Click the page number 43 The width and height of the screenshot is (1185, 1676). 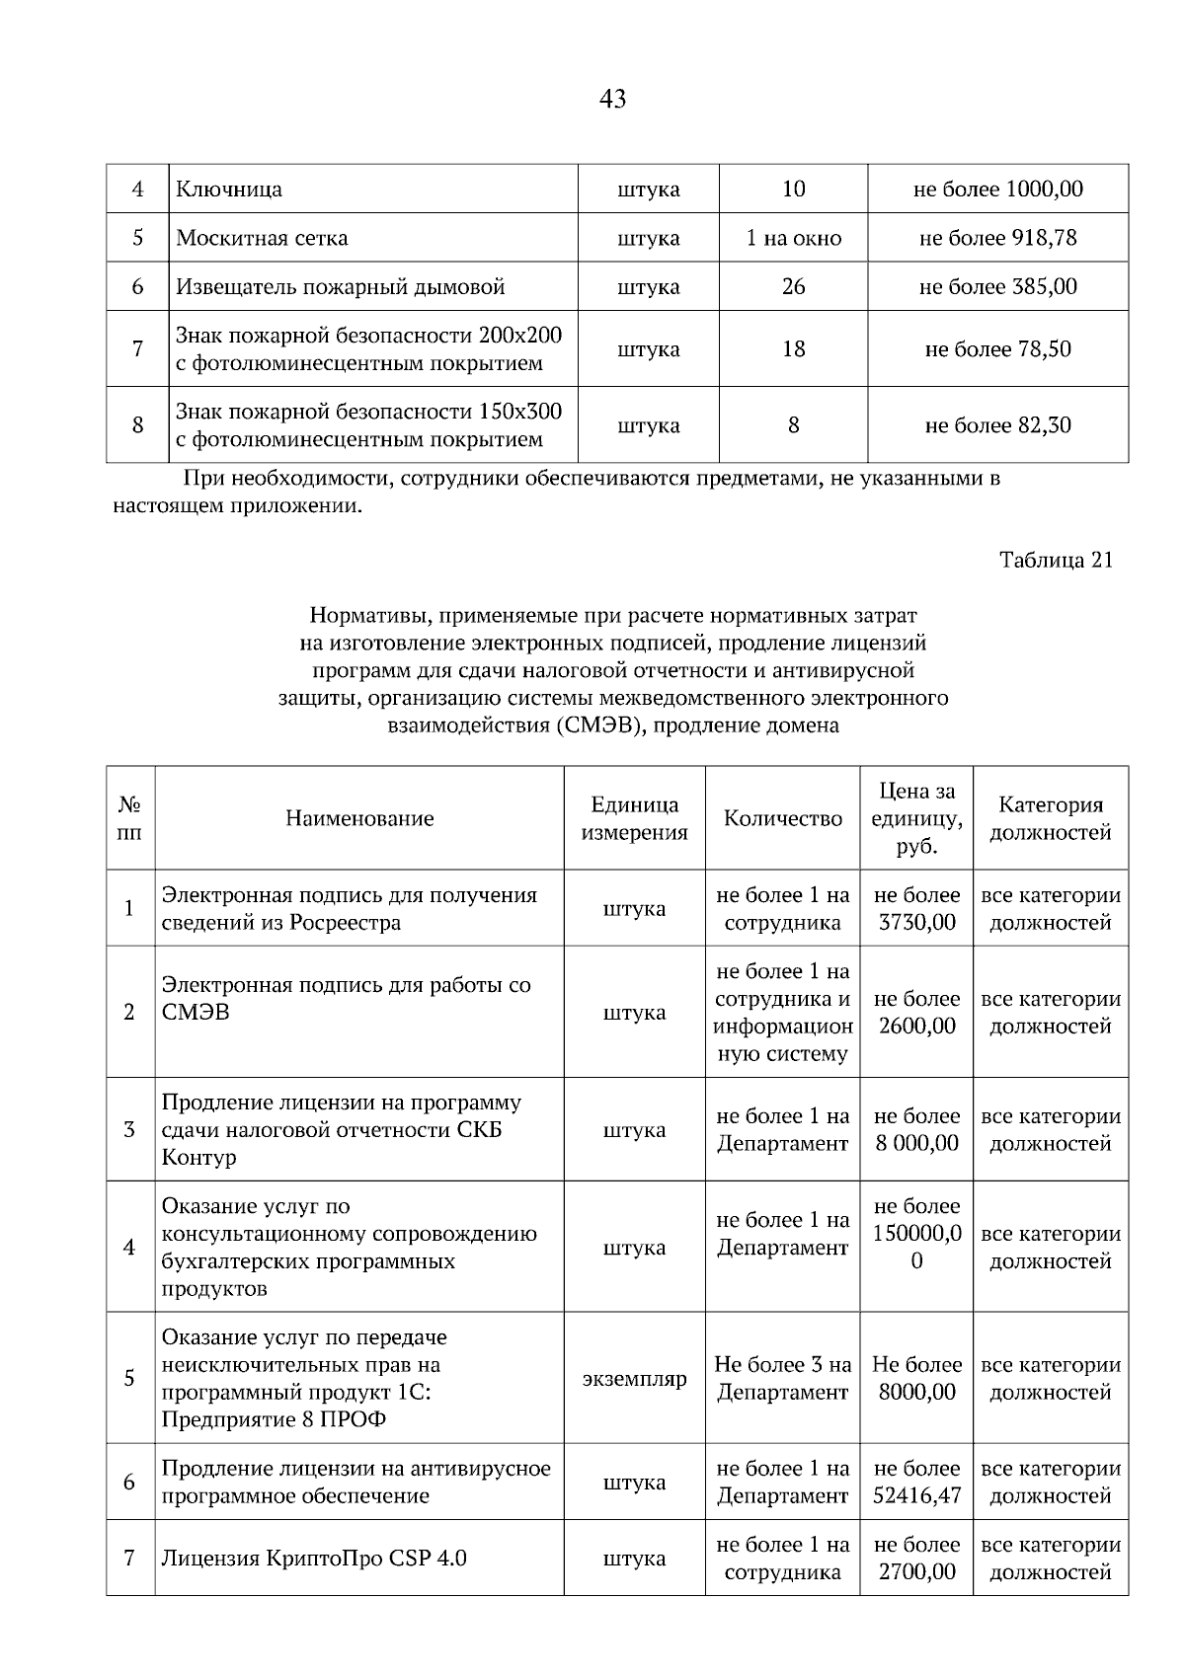tap(612, 99)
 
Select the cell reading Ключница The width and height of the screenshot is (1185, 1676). tap(229, 189)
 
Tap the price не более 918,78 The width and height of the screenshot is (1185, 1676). tap(997, 238)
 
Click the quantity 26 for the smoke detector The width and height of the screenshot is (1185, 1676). tap(793, 287)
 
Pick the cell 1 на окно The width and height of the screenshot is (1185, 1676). tap(793, 238)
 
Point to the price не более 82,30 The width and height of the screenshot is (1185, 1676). tap(997, 425)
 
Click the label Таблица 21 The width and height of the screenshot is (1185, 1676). tap(1056, 560)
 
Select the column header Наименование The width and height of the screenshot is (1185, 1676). tap(359, 818)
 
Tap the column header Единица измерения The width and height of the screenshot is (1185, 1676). tap(634, 818)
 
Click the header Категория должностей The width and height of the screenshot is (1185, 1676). tap(1050, 818)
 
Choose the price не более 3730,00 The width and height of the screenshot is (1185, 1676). tap(916, 909)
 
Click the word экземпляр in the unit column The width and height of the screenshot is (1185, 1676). tap(634, 1379)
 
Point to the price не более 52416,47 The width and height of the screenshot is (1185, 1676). tap(916, 1483)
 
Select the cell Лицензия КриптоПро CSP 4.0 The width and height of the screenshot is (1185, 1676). tap(314, 1559)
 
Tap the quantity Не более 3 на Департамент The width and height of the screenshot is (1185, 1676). tap(782, 1379)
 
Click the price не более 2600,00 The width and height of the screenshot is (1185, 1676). tap(916, 1013)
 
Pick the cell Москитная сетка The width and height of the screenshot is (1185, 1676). tap(262, 238)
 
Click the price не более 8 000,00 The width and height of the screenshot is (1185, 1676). tap(916, 1130)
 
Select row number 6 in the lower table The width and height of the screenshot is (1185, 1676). tap(129, 1483)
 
